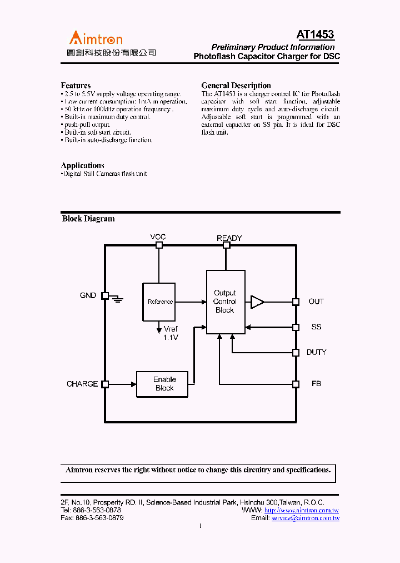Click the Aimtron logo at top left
tap(96, 38)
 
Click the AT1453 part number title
tap(315, 34)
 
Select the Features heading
tap(76, 85)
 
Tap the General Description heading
tap(236, 85)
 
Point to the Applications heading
tap(82, 165)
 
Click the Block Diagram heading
tap(88, 219)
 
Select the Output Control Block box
tap(225, 302)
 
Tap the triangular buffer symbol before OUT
tap(257, 302)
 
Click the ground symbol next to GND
tap(117, 299)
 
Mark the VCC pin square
tap(159, 245)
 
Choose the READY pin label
tap(229, 238)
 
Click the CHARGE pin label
tap(82, 384)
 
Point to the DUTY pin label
tap(317, 352)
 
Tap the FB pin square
tap(296, 384)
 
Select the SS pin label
tap(316, 327)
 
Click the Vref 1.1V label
tap(171, 333)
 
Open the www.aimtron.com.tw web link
tap(302, 510)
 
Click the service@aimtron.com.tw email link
tap(305, 518)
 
